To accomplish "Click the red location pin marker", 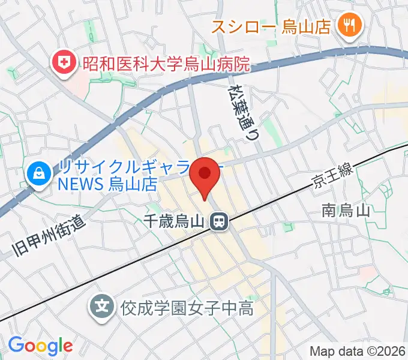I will (x=205, y=176).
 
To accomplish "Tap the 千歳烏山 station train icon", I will (x=219, y=222).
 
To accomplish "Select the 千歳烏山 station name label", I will (x=176, y=222).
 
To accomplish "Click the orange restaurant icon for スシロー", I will (x=347, y=25).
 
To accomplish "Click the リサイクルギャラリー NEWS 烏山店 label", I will (x=120, y=175).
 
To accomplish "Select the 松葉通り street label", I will (x=239, y=111).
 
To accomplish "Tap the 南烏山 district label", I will (x=345, y=211).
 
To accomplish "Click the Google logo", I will (x=40, y=345).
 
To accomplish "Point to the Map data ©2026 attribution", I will (x=357, y=351).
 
